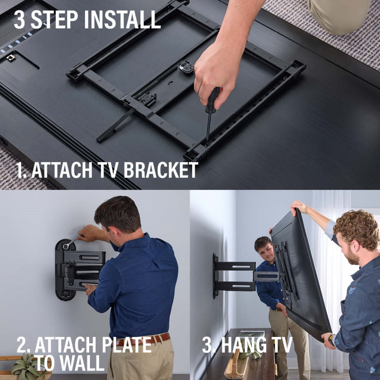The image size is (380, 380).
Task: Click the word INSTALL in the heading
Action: point(122,19)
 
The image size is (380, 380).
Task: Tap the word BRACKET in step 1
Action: point(161,171)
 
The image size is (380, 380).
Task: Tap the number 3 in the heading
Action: point(19,19)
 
